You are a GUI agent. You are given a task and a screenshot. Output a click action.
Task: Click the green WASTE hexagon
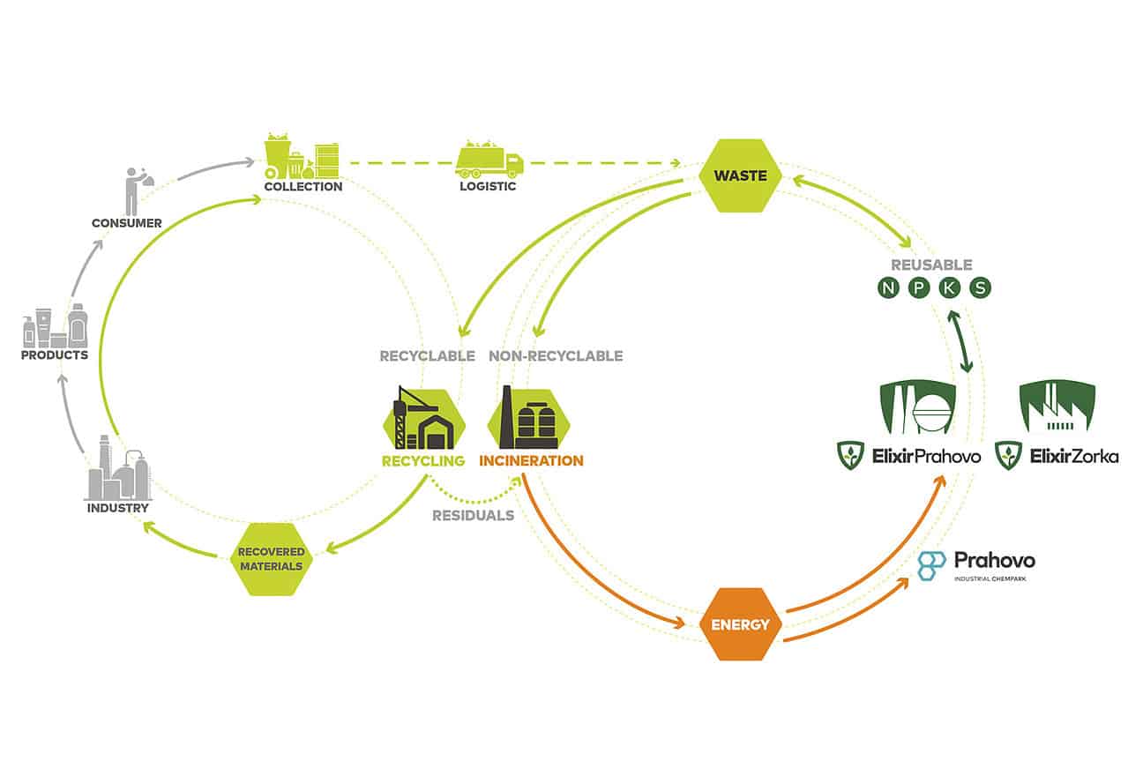(740, 175)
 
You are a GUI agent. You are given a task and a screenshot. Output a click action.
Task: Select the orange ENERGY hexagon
(741, 624)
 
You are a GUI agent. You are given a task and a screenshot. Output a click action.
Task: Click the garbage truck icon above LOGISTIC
(489, 160)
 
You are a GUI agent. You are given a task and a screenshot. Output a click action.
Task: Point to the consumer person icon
(133, 189)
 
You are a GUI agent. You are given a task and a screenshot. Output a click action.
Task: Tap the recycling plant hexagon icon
(423, 419)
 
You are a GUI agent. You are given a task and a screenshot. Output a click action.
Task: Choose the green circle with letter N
(888, 288)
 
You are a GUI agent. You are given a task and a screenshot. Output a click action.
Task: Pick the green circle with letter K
(949, 288)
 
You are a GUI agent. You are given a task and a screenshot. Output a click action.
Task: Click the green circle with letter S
(980, 288)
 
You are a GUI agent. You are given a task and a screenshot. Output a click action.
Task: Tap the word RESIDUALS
(473, 515)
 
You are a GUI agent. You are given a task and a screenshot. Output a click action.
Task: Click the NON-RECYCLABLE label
(556, 356)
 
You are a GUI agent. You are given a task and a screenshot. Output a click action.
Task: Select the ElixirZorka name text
(1073, 456)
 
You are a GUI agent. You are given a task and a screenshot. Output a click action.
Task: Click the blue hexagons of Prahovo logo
(932, 565)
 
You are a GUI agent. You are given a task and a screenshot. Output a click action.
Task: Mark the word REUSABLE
(932, 265)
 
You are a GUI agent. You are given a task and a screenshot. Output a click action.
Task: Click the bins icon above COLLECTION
(303, 156)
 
